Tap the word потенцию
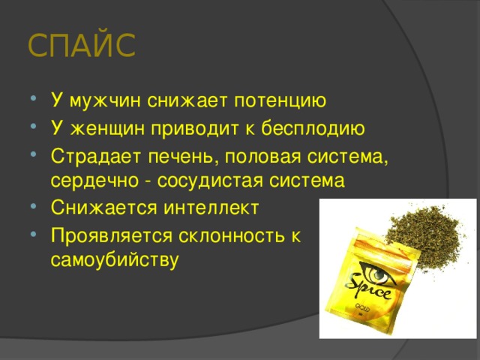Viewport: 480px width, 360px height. [x=280, y=101]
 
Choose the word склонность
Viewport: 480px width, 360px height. [x=236, y=235]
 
